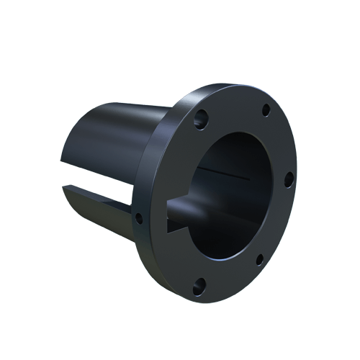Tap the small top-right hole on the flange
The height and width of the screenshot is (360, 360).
[266, 110]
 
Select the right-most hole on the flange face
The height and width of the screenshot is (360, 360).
[289, 178]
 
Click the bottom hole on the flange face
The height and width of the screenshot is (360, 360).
[199, 284]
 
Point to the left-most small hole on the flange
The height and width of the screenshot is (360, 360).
[140, 215]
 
